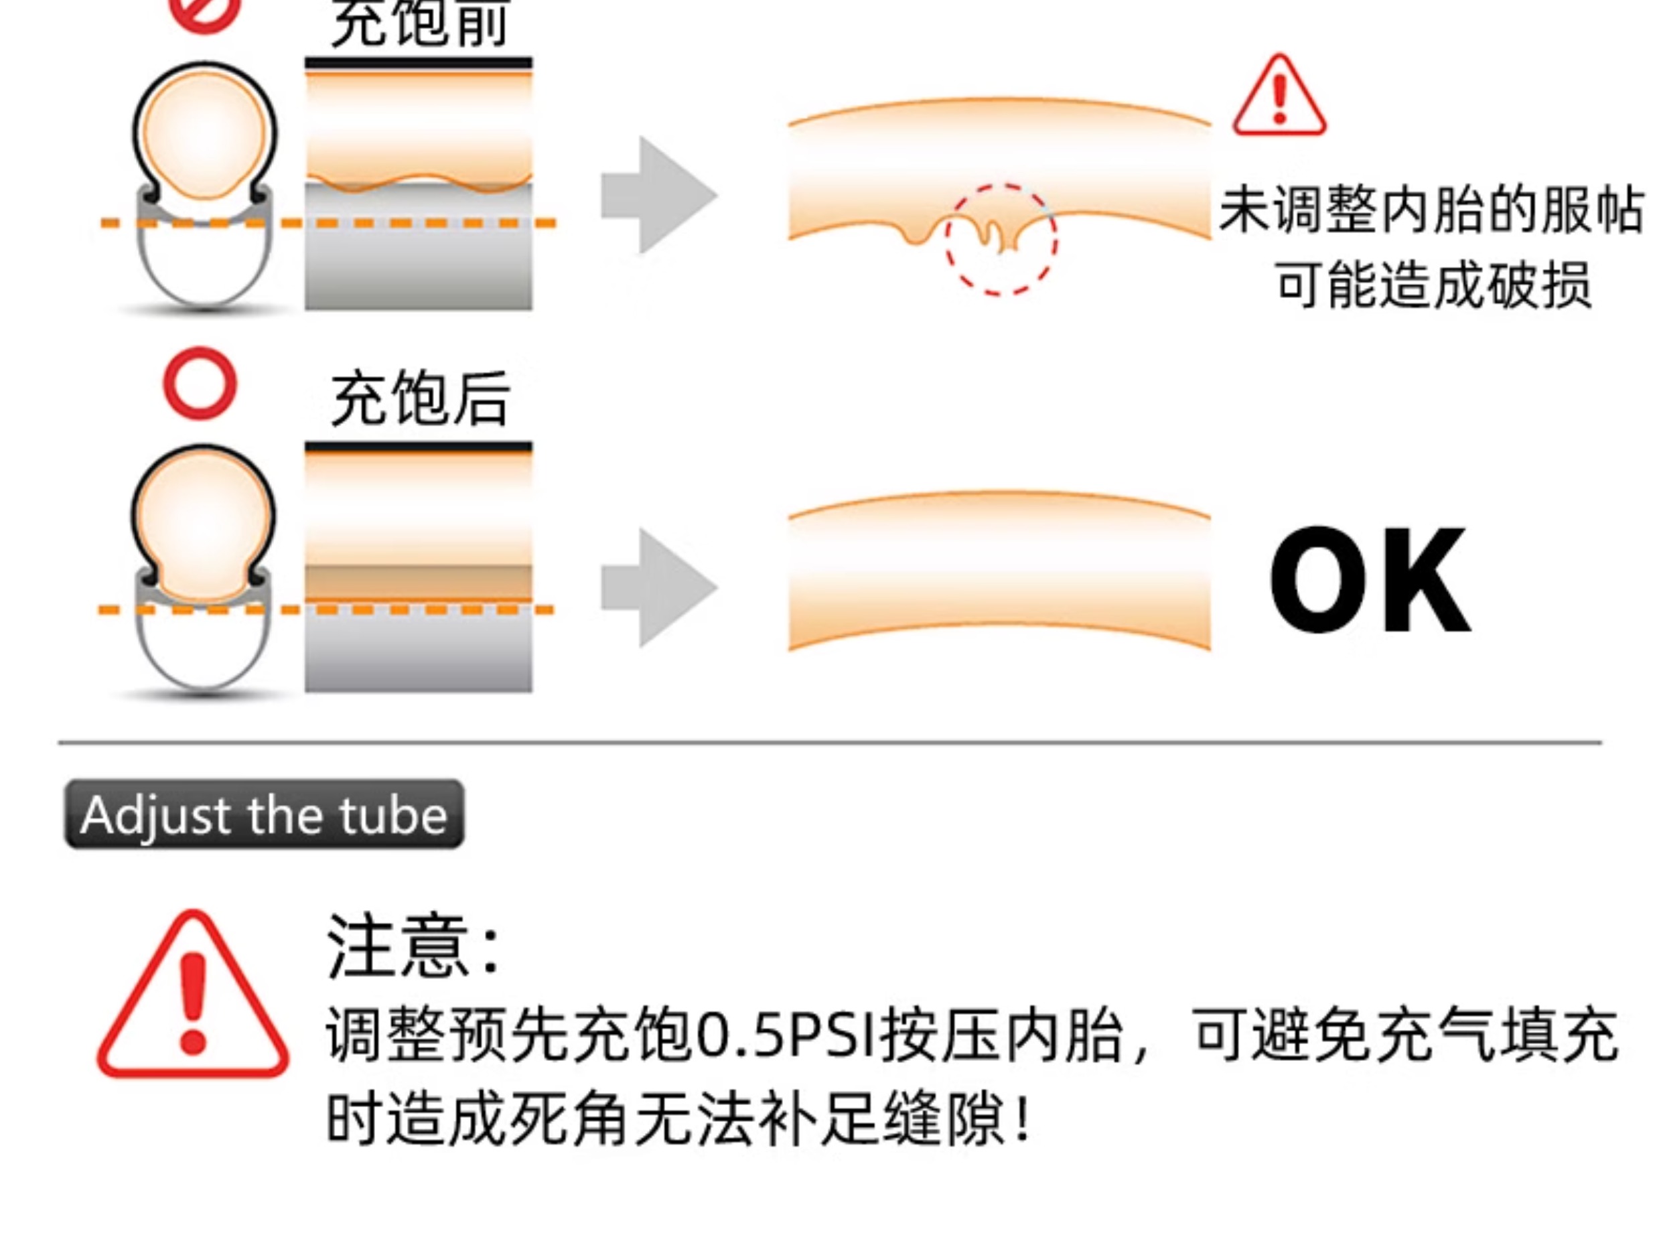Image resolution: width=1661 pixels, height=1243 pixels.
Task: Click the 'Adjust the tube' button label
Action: pyautogui.click(x=264, y=815)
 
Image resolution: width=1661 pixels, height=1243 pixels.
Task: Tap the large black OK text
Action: pyautogui.click(x=1368, y=581)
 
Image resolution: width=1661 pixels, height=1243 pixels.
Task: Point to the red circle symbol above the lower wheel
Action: pyautogui.click(x=200, y=383)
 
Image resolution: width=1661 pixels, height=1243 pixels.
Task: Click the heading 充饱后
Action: pyautogui.click(x=421, y=398)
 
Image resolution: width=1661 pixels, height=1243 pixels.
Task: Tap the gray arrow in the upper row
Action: pyautogui.click(x=658, y=196)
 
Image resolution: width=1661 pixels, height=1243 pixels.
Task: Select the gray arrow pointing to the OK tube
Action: pyautogui.click(x=658, y=587)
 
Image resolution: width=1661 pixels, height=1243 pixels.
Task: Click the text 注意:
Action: pyautogui.click(x=413, y=947)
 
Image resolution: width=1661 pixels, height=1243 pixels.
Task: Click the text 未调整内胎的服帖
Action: pyautogui.click(x=1430, y=211)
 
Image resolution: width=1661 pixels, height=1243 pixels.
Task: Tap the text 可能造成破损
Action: pyautogui.click(x=1433, y=285)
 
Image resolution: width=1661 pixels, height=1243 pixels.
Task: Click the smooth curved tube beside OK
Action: pyautogui.click(x=999, y=571)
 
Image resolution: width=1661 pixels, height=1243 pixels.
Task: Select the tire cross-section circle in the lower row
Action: pyautogui.click(x=204, y=518)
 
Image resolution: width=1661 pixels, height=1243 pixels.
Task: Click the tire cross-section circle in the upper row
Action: pyautogui.click(x=204, y=135)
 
